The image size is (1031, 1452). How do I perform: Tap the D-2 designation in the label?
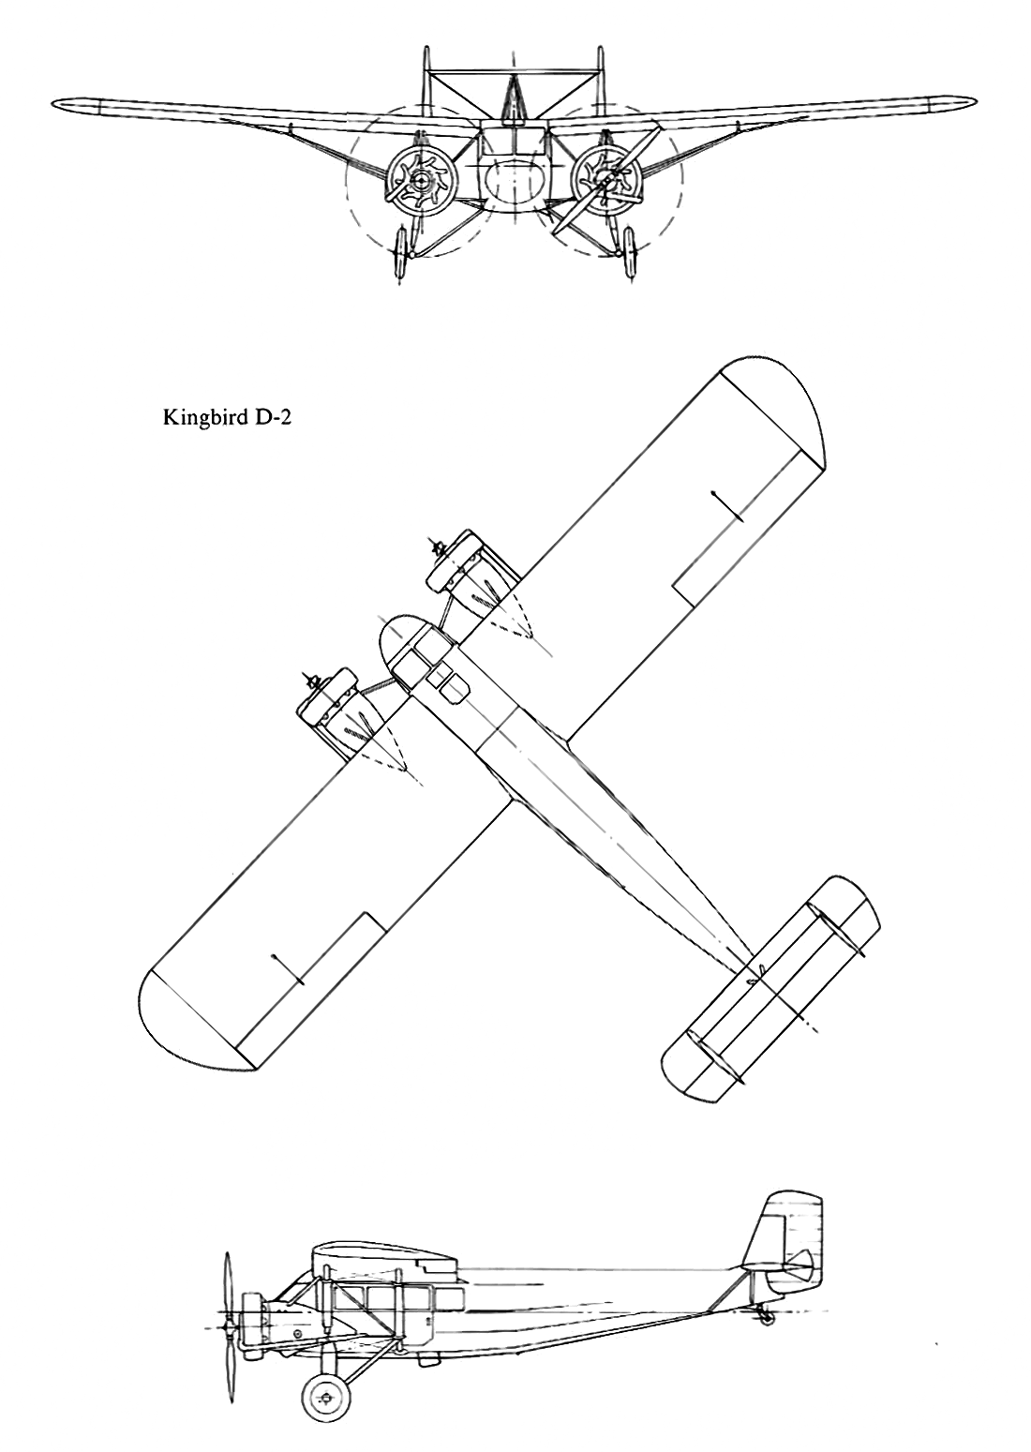click(271, 418)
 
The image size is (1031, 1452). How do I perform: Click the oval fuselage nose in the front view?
click(515, 178)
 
